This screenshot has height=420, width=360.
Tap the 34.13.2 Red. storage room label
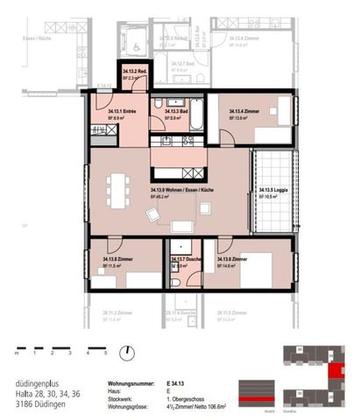pos(133,73)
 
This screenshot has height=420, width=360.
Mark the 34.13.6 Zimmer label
pos(237,260)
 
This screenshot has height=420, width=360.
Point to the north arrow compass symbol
pos(130,353)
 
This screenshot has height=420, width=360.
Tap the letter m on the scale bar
pos(17,353)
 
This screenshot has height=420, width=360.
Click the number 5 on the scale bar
pos(105,353)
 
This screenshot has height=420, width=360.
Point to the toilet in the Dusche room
pos(176,282)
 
